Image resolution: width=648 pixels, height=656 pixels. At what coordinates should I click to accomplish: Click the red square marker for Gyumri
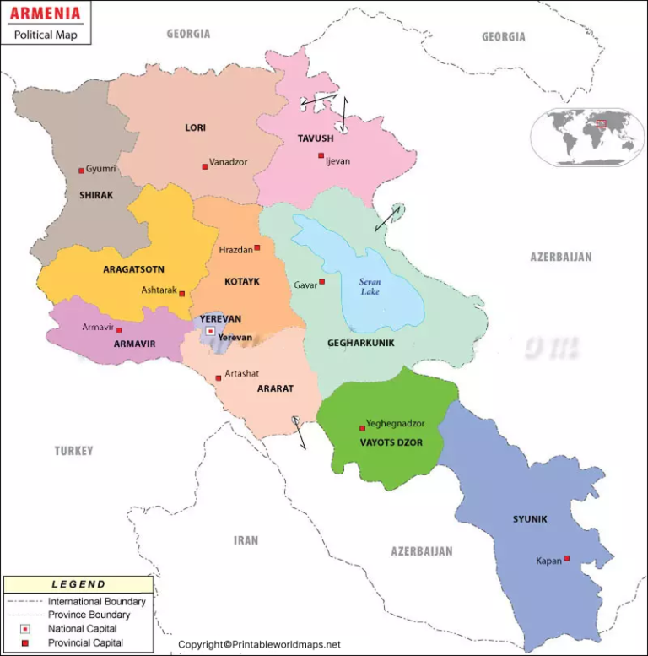(x=82, y=171)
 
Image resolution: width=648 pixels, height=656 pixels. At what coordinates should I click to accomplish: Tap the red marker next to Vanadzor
(x=205, y=166)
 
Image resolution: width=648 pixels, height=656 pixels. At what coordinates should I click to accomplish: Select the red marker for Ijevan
(x=321, y=155)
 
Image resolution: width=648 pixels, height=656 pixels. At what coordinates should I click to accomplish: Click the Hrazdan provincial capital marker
(x=257, y=247)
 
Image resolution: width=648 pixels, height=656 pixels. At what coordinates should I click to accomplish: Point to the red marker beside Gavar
(x=321, y=282)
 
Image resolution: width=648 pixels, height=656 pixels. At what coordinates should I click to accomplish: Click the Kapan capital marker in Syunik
(x=567, y=558)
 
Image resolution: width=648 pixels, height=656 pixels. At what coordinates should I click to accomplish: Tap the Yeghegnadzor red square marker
(x=363, y=428)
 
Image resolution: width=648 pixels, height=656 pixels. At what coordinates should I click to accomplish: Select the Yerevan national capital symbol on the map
(x=210, y=331)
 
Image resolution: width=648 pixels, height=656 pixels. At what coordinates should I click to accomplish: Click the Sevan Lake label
(x=370, y=287)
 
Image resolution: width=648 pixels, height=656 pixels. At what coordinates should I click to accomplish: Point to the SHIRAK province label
(x=95, y=195)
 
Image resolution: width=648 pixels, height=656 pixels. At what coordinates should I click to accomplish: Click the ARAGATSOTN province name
(x=133, y=270)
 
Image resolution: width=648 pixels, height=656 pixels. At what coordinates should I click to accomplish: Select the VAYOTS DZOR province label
(x=391, y=442)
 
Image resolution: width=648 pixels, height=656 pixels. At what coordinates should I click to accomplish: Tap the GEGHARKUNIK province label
(x=361, y=343)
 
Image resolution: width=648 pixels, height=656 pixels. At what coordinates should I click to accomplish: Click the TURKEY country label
(x=74, y=451)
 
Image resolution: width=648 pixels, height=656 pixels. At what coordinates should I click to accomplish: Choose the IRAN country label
(x=246, y=540)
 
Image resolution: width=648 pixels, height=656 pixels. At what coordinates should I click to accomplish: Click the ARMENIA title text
(x=46, y=14)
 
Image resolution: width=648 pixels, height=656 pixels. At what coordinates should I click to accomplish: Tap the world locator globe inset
(x=588, y=137)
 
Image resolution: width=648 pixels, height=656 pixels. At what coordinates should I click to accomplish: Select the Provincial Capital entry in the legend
(x=85, y=642)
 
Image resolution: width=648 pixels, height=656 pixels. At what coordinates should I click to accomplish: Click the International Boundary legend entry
(x=96, y=602)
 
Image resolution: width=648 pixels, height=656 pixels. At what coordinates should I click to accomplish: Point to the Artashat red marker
(x=219, y=377)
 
